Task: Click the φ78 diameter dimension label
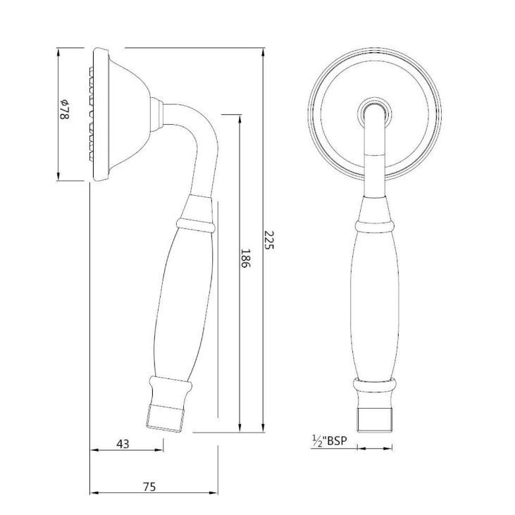click(x=64, y=109)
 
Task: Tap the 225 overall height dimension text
click(x=269, y=240)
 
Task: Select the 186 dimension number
click(x=246, y=258)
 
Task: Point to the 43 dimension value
click(x=123, y=444)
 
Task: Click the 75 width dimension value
click(x=149, y=487)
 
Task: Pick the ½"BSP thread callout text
click(x=330, y=441)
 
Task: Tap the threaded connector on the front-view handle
click(x=374, y=421)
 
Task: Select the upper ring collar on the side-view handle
click(x=195, y=225)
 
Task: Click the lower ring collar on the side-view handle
click(x=170, y=383)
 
